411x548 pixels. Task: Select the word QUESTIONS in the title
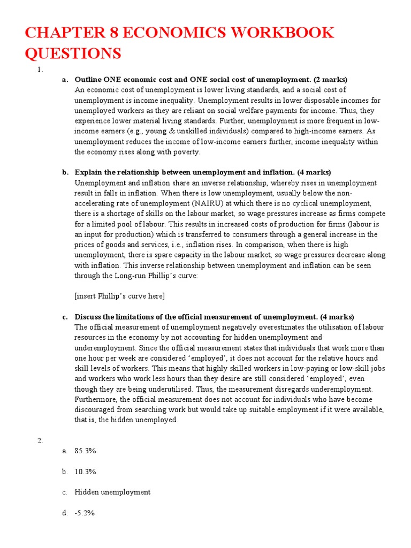73,54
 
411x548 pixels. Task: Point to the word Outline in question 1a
87,80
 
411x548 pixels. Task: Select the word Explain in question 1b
88,172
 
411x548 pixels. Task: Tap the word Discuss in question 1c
88,317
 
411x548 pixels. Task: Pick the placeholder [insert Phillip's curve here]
119,296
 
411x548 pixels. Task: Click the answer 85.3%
85,451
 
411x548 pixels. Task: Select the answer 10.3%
85,471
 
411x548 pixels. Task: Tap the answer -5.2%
85,513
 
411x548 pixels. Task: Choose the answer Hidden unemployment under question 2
112,492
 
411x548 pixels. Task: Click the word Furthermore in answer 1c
96,399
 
